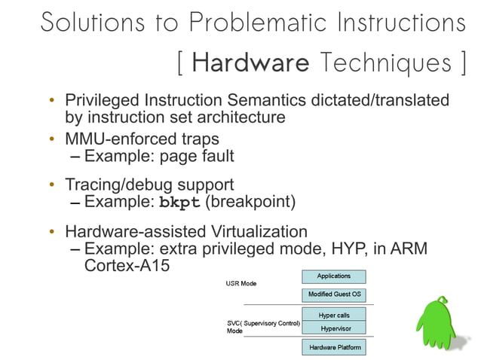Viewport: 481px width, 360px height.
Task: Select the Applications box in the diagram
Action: tap(333, 276)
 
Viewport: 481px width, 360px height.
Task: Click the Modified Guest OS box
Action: tap(333, 294)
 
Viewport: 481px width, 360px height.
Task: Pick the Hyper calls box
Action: tap(333, 315)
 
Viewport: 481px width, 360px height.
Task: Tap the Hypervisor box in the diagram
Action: tap(333, 328)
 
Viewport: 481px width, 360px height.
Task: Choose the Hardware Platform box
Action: tap(333, 347)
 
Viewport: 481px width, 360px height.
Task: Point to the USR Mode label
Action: tap(241, 284)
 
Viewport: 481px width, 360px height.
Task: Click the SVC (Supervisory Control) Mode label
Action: tap(263, 327)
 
